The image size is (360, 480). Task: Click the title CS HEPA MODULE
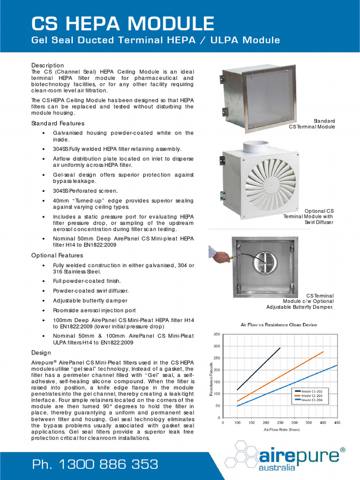(x=122, y=23)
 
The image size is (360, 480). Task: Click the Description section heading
(x=47, y=65)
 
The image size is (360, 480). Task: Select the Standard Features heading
(x=58, y=123)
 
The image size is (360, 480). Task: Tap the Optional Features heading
(x=57, y=255)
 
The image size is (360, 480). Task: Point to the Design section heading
(x=41, y=352)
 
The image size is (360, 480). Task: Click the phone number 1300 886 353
(x=95, y=465)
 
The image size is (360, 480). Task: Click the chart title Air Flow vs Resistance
(x=278, y=324)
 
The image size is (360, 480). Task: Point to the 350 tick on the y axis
(x=217, y=334)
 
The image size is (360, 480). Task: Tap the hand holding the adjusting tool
(x=221, y=256)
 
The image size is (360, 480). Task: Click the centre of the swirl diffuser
(x=271, y=183)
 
